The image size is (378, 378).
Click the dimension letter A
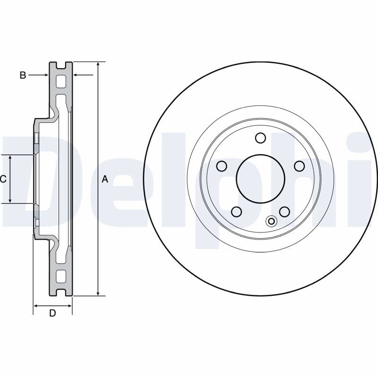105,179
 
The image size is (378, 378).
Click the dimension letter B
23,75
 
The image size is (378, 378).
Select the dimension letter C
3,179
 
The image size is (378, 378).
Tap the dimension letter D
52,313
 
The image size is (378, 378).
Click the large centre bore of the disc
261,179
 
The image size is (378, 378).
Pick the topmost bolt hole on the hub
261,138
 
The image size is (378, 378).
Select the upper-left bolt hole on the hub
222,166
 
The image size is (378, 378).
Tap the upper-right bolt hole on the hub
300,166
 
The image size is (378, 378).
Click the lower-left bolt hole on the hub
237,212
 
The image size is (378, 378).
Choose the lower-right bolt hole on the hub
284,212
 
